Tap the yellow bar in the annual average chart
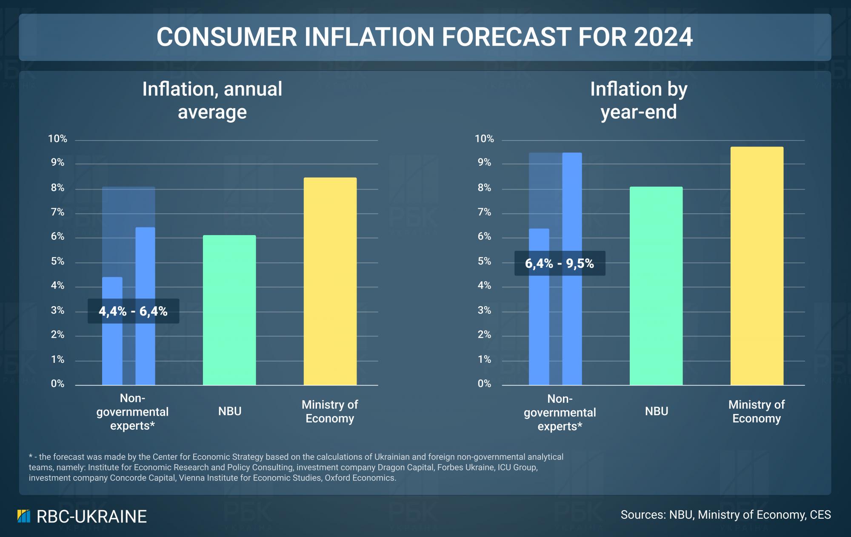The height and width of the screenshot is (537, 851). tap(330, 281)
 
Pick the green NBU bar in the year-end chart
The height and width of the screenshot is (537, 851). tap(656, 286)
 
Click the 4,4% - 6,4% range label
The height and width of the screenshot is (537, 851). tap(133, 311)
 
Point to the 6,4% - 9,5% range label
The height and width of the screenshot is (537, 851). tap(560, 263)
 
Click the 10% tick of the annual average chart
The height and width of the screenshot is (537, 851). tap(57, 139)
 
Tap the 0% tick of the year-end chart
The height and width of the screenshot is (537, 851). tap(484, 384)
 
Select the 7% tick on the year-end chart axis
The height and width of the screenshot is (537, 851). tap(484, 212)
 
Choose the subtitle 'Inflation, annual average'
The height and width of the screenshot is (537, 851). tap(212, 101)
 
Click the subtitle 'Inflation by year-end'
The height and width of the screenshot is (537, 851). tap(638, 101)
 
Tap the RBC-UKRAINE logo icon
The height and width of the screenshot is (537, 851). tap(24, 516)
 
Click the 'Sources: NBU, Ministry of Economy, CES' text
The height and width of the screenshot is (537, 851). tap(725, 515)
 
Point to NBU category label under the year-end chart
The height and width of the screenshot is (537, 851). tap(656, 411)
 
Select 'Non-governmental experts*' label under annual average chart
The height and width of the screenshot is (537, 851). tap(132, 412)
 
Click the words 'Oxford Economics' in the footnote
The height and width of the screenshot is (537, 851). tap(360, 478)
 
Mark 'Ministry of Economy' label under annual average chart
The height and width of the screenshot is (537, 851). tap(330, 411)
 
